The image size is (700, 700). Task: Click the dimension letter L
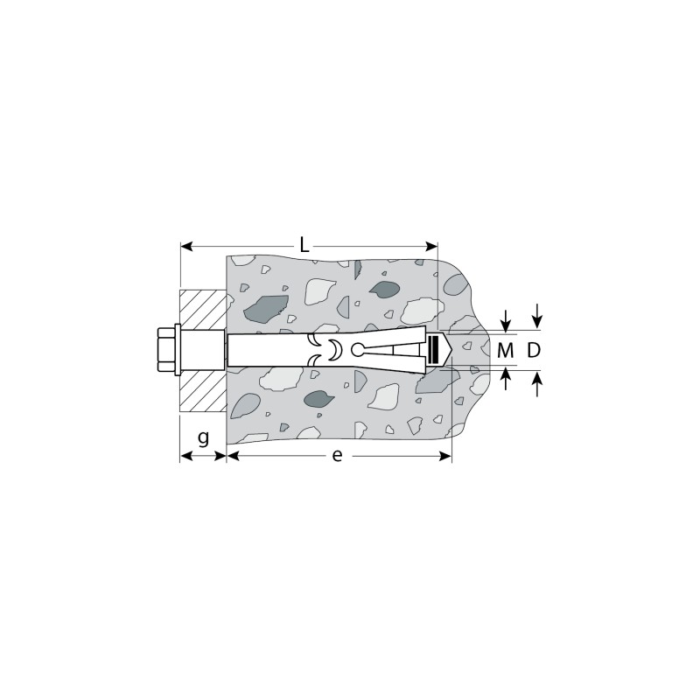pos(304,245)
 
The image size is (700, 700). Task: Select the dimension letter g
pos(203,438)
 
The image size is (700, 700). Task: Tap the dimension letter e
pos(337,455)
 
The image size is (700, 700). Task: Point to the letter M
pos(506,351)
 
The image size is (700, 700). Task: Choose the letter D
pos(534,351)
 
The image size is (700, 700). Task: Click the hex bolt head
pos(165,351)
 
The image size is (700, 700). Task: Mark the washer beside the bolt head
pos(178,351)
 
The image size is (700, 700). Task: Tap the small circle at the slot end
pos(357,349)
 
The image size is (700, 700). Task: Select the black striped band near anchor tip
pos(431,350)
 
